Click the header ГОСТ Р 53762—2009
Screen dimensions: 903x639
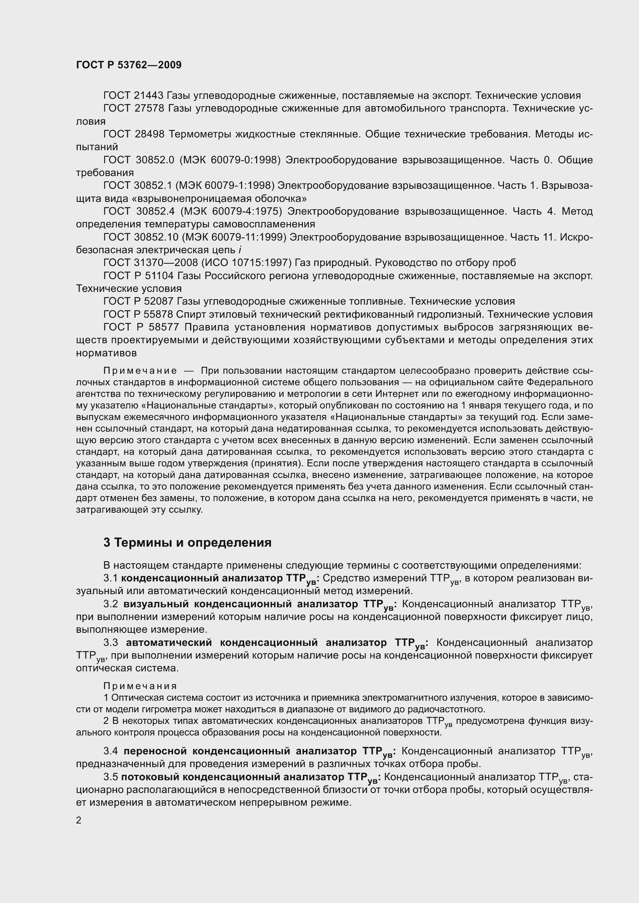tap(129, 65)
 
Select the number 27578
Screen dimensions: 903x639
tap(149, 108)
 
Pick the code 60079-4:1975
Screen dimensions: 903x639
tap(247, 212)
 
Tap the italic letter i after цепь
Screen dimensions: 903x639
tap(240, 250)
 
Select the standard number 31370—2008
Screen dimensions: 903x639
tap(164, 263)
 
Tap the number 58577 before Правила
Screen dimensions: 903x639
tap(162, 328)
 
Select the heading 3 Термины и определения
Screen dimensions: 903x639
tap(187, 543)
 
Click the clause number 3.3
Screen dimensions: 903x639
tap(110, 643)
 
